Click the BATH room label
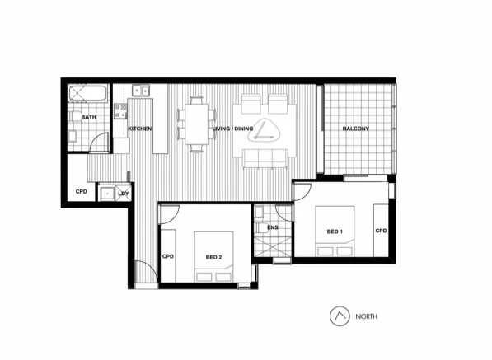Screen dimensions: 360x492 point(88,118)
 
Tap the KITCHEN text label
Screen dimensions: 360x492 point(139,129)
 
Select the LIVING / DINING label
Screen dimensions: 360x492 point(233,129)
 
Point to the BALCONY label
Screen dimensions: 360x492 point(355,129)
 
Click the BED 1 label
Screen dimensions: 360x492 point(335,231)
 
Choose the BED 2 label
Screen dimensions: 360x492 point(214,258)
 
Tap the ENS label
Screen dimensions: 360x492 point(272,227)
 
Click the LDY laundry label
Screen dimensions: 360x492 point(124,194)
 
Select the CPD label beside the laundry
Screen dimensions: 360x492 point(82,191)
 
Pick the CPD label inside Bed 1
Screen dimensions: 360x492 point(381,231)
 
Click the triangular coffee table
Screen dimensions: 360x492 point(265,130)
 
